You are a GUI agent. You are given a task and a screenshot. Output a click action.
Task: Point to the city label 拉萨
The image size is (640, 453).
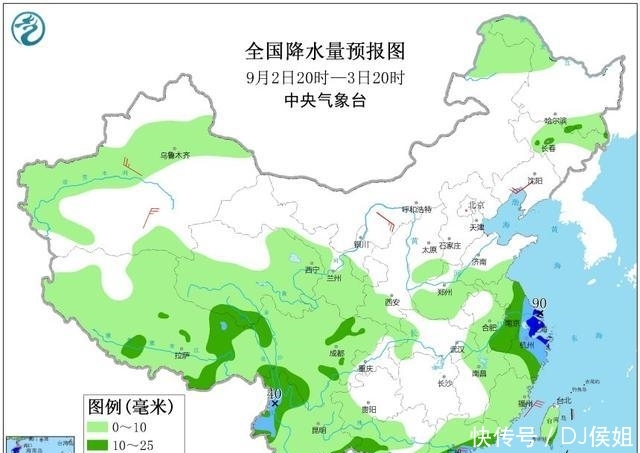click(x=181, y=355)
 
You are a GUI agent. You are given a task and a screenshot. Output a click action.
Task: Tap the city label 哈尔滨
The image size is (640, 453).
click(x=555, y=121)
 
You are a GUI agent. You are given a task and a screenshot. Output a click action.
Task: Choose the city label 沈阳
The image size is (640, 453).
click(x=535, y=181)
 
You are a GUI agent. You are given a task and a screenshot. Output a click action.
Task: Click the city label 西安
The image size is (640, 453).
click(x=391, y=302)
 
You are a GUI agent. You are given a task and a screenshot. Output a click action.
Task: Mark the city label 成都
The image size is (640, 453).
click(x=335, y=353)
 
